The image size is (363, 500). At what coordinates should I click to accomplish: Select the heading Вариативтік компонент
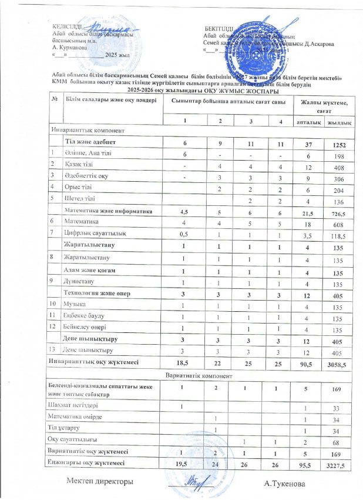pyautogui.click(x=201, y=375)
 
